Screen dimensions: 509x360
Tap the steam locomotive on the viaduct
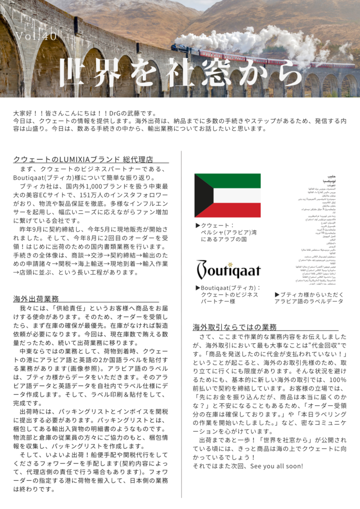[180, 48]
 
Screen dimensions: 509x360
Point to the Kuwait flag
[227, 195]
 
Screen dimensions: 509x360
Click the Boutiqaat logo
[228, 270]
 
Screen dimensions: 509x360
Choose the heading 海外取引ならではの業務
[235, 327]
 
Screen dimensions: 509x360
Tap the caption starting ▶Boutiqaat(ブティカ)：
[227, 294]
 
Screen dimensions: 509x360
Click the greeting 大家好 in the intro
[25, 113]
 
